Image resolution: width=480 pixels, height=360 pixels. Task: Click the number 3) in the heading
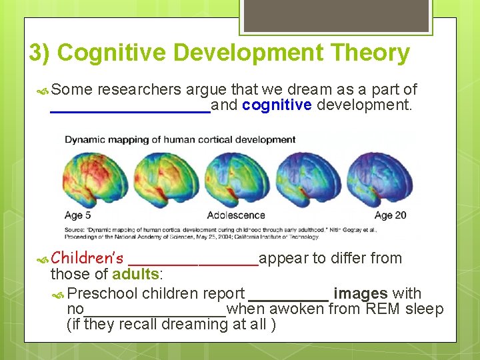pyautogui.click(x=40, y=53)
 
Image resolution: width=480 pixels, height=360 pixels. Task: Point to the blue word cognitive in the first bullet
pyautogui.click(x=277, y=105)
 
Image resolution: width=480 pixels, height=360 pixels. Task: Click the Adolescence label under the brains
pyautogui.click(x=236, y=215)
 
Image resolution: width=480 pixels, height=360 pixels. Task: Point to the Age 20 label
pyautogui.click(x=390, y=215)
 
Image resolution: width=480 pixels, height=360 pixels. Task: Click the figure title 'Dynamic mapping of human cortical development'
pyautogui.click(x=180, y=139)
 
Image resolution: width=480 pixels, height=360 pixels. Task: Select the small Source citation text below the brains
pyautogui.click(x=200, y=233)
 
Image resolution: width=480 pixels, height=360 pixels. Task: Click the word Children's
pyautogui.click(x=87, y=258)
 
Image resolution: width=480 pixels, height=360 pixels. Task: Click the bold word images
pyautogui.click(x=361, y=293)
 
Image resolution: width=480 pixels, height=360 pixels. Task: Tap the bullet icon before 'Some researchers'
pyautogui.click(x=44, y=90)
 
